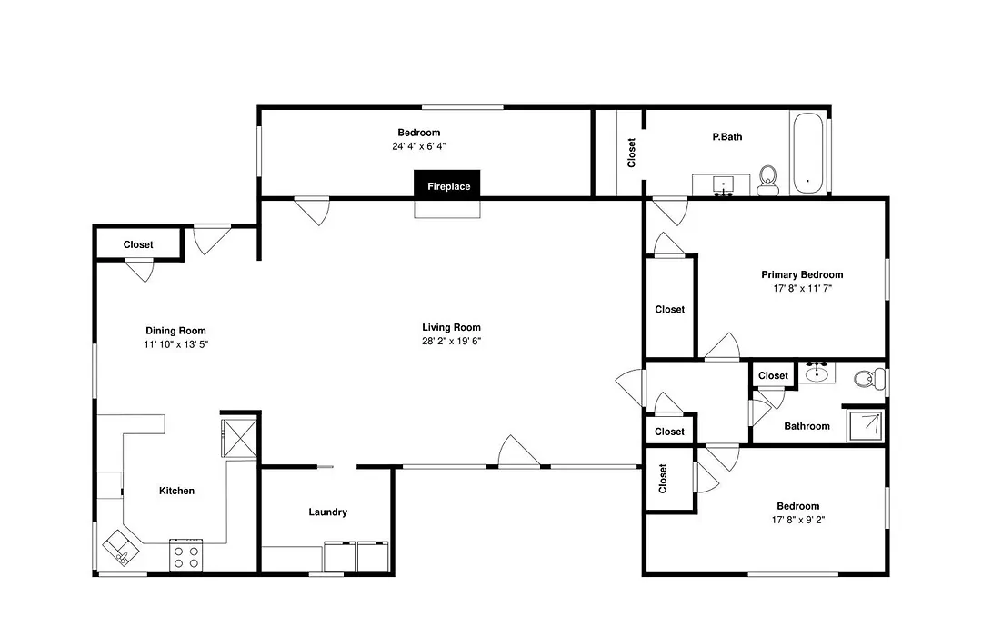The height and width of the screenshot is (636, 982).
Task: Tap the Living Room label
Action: [452, 327]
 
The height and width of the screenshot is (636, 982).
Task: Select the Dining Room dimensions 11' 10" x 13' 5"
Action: [176, 344]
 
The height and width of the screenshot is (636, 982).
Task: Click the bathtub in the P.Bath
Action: [807, 153]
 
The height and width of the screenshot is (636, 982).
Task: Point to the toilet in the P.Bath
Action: [767, 180]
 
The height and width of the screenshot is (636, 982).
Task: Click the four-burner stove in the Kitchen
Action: [186, 554]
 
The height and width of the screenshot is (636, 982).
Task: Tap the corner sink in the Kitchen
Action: [121, 548]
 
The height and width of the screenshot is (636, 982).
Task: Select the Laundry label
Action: [327, 512]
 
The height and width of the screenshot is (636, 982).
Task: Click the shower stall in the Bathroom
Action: [865, 425]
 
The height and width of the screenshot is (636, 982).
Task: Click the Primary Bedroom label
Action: [802, 274]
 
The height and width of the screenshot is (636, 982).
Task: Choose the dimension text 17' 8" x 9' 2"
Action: [798, 520]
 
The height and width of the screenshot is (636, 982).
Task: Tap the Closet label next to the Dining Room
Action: [138, 244]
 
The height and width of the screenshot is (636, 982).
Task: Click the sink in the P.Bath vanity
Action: [724, 184]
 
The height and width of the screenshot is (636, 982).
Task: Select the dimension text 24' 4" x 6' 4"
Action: [419, 146]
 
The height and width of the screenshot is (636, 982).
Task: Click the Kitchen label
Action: [176, 491]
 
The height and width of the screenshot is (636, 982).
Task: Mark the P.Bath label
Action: [727, 136]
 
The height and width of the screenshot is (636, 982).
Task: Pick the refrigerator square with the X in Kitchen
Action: [239, 437]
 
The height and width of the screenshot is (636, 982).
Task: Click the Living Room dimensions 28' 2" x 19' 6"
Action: [452, 341]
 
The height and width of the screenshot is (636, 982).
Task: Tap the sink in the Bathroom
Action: [817, 373]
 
